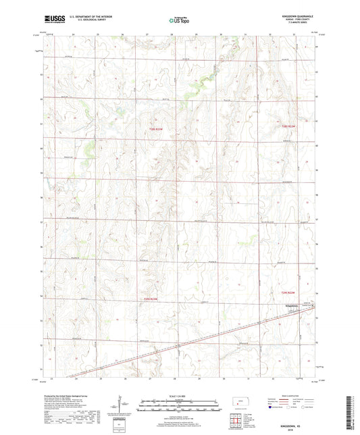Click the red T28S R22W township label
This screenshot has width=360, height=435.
pos(289,126)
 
